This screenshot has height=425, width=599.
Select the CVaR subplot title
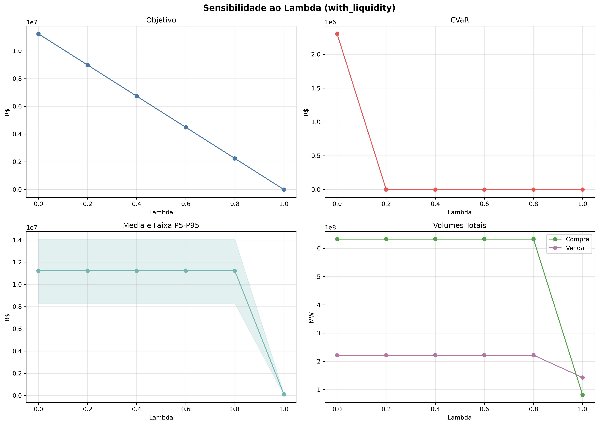click(x=460, y=20)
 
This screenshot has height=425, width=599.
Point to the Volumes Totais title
click(x=460, y=225)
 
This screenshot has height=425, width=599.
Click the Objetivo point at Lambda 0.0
click(x=38, y=34)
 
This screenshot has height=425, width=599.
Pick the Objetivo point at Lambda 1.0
click(x=284, y=190)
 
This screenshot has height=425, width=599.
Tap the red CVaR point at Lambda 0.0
click(x=337, y=34)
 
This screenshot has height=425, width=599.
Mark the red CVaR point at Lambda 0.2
click(x=386, y=190)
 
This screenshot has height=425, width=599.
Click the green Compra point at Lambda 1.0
click(x=583, y=395)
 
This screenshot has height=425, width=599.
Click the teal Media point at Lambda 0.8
click(x=235, y=271)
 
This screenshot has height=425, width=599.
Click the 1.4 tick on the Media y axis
click(x=18, y=240)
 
